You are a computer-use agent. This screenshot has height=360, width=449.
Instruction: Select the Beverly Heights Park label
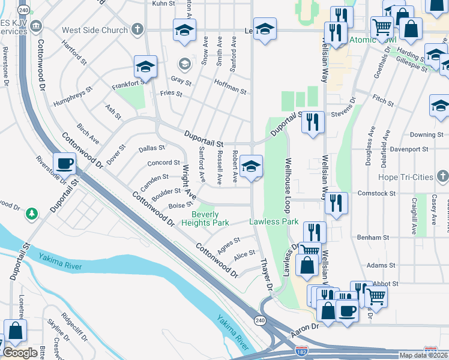(x=210, y=218)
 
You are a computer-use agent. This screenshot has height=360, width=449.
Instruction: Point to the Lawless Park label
(x=274, y=221)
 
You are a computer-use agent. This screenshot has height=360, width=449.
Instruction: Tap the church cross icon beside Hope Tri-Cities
(x=442, y=176)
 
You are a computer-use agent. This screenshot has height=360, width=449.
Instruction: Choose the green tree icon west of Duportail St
(x=31, y=213)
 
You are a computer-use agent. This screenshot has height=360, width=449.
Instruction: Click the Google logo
(x=20, y=353)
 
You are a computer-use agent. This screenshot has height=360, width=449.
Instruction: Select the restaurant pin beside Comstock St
(x=336, y=203)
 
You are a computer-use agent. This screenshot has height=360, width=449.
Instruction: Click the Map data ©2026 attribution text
(x=423, y=355)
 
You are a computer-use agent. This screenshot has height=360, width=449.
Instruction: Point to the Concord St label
(x=163, y=163)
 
